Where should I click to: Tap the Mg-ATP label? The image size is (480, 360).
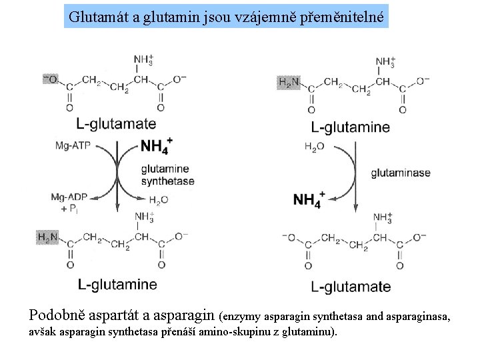(73, 145)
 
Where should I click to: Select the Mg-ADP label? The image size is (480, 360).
(70, 197)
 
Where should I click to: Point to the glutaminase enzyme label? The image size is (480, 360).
(401, 173)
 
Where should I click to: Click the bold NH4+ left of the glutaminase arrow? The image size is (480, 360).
(308, 199)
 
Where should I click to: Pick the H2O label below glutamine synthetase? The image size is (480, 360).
(159, 199)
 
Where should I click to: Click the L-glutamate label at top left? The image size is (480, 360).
(116, 123)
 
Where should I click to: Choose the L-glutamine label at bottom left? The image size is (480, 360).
(117, 285)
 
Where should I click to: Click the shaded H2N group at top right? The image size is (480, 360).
(289, 83)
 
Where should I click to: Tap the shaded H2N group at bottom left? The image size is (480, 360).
(48, 237)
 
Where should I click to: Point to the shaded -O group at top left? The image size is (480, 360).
(50, 79)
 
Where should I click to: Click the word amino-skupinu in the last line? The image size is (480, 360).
(238, 332)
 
